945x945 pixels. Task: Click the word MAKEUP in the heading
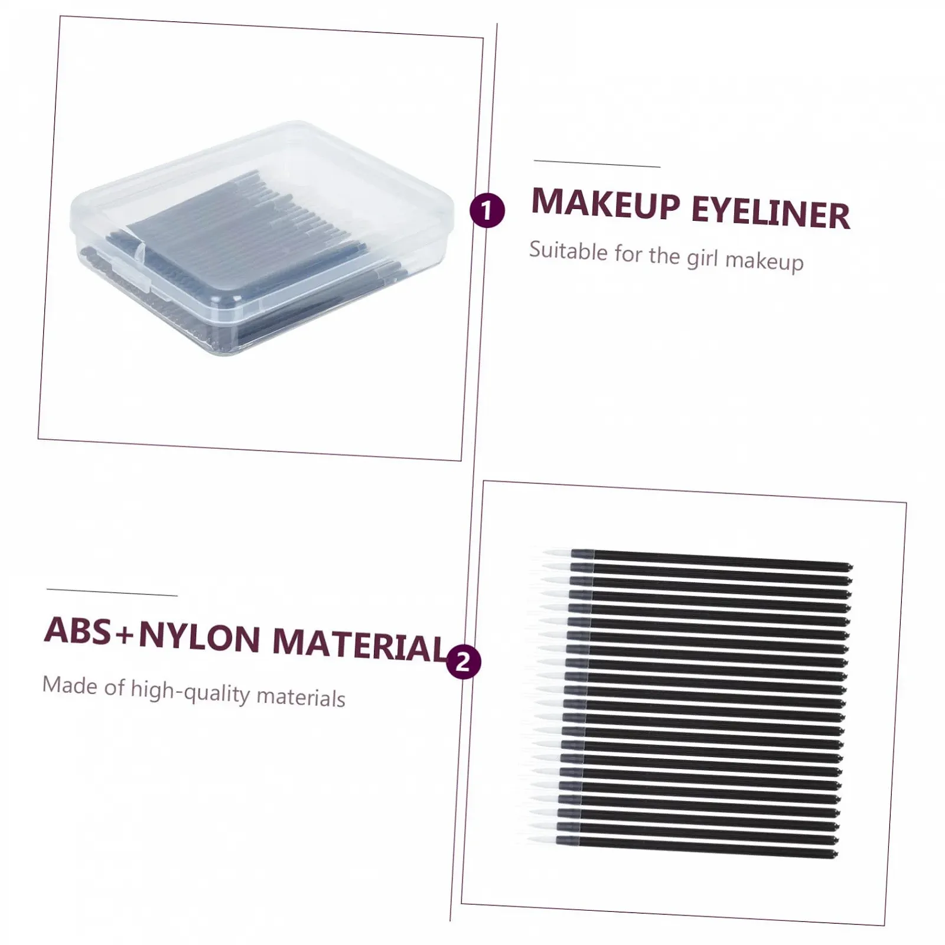point(606,204)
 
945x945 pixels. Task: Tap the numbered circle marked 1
point(487,210)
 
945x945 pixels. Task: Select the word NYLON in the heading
point(200,637)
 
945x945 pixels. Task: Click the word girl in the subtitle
point(702,258)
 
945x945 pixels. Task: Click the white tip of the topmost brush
point(555,553)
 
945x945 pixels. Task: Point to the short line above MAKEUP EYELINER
point(597,164)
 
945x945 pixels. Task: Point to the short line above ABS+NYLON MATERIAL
point(112,592)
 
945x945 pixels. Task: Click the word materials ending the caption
point(301,697)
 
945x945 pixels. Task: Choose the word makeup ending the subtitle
point(764,262)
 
